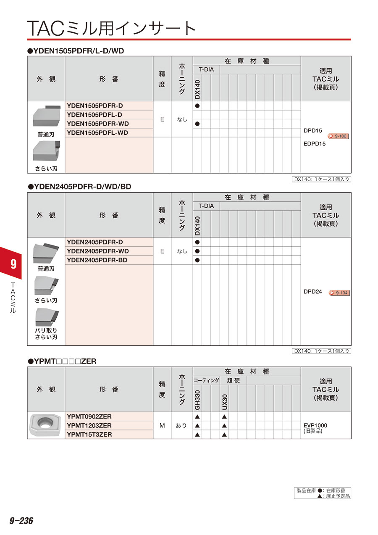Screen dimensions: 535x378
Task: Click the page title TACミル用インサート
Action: click(x=112, y=28)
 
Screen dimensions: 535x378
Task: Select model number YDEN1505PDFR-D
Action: click(x=95, y=105)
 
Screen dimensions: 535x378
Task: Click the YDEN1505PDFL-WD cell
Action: click(x=97, y=133)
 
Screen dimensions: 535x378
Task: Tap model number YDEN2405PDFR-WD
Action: click(x=98, y=251)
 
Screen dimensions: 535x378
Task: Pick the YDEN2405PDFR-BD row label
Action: click(x=97, y=260)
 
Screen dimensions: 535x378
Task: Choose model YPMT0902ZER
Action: click(x=89, y=416)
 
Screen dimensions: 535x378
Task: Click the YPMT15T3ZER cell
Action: click(x=89, y=435)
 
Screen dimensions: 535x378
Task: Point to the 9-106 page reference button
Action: click(x=339, y=136)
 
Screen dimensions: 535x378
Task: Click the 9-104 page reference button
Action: click(x=339, y=293)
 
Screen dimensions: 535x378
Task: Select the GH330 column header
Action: click(x=197, y=399)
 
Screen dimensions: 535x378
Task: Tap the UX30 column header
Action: click(x=224, y=401)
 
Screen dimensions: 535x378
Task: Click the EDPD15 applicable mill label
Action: click(x=315, y=143)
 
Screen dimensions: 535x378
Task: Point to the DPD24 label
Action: click(x=312, y=292)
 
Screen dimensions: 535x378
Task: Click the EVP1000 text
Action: click(x=315, y=425)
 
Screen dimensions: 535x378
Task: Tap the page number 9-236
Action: click(x=21, y=521)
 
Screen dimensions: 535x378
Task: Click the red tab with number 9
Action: click(x=13, y=264)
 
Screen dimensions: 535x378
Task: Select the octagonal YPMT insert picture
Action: click(x=45, y=425)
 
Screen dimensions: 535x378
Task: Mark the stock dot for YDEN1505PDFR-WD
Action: click(x=197, y=124)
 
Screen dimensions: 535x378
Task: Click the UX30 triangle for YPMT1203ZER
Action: click(x=224, y=425)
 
